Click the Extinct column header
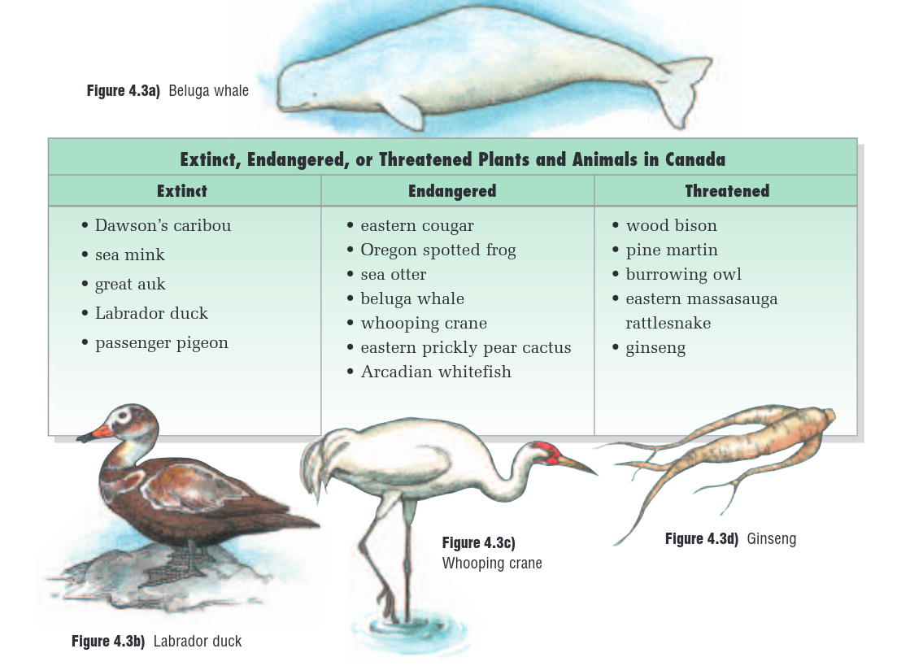[x=182, y=191]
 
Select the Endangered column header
[x=452, y=191]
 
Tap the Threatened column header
[x=727, y=191]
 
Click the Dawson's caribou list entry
[x=163, y=226]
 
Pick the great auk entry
[x=129, y=285]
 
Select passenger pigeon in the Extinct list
[x=161, y=343]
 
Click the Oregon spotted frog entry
[x=438, y=250]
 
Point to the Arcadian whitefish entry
[x=436, y=372]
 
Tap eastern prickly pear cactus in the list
[x=465, y=348]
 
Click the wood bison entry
[x=671, y=226]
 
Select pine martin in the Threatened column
[x=672, y=250]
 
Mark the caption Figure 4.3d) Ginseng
[x=730, y=539]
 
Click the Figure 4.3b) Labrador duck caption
[x=156, y=642]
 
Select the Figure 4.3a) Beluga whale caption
[x=168, y=91]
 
